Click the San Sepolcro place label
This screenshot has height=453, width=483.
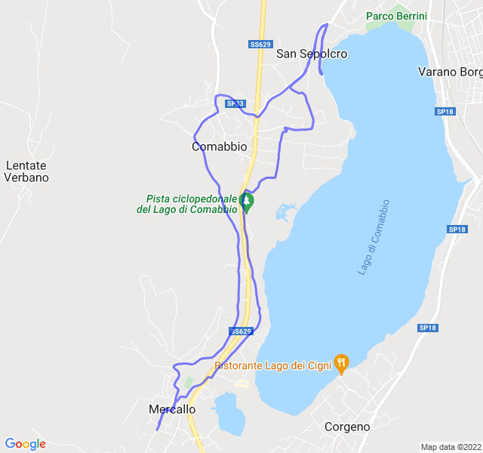click(312, 54)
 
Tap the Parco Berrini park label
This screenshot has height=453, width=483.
click(396, 16)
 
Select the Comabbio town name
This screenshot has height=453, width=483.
click(219, 146)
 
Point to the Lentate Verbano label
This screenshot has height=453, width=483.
click(26, 171)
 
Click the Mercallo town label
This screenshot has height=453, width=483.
click(168, 409)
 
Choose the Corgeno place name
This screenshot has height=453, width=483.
click(347, 427)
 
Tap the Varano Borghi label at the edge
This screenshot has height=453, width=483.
click(450, 72)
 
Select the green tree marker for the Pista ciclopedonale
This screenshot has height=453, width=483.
click(246, 202)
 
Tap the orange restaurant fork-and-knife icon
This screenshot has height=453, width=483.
click(342, 364)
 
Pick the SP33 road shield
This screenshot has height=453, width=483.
click(235, 104)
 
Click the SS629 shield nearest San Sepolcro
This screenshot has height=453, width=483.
click(260, 45)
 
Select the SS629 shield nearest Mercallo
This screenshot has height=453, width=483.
click(240, 331)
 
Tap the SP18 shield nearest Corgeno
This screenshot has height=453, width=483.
click(427, 328)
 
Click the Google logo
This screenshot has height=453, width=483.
click(25, 444)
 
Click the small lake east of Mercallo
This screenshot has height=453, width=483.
click(229, 413)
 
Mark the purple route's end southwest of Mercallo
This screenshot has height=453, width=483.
click(157, 430)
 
